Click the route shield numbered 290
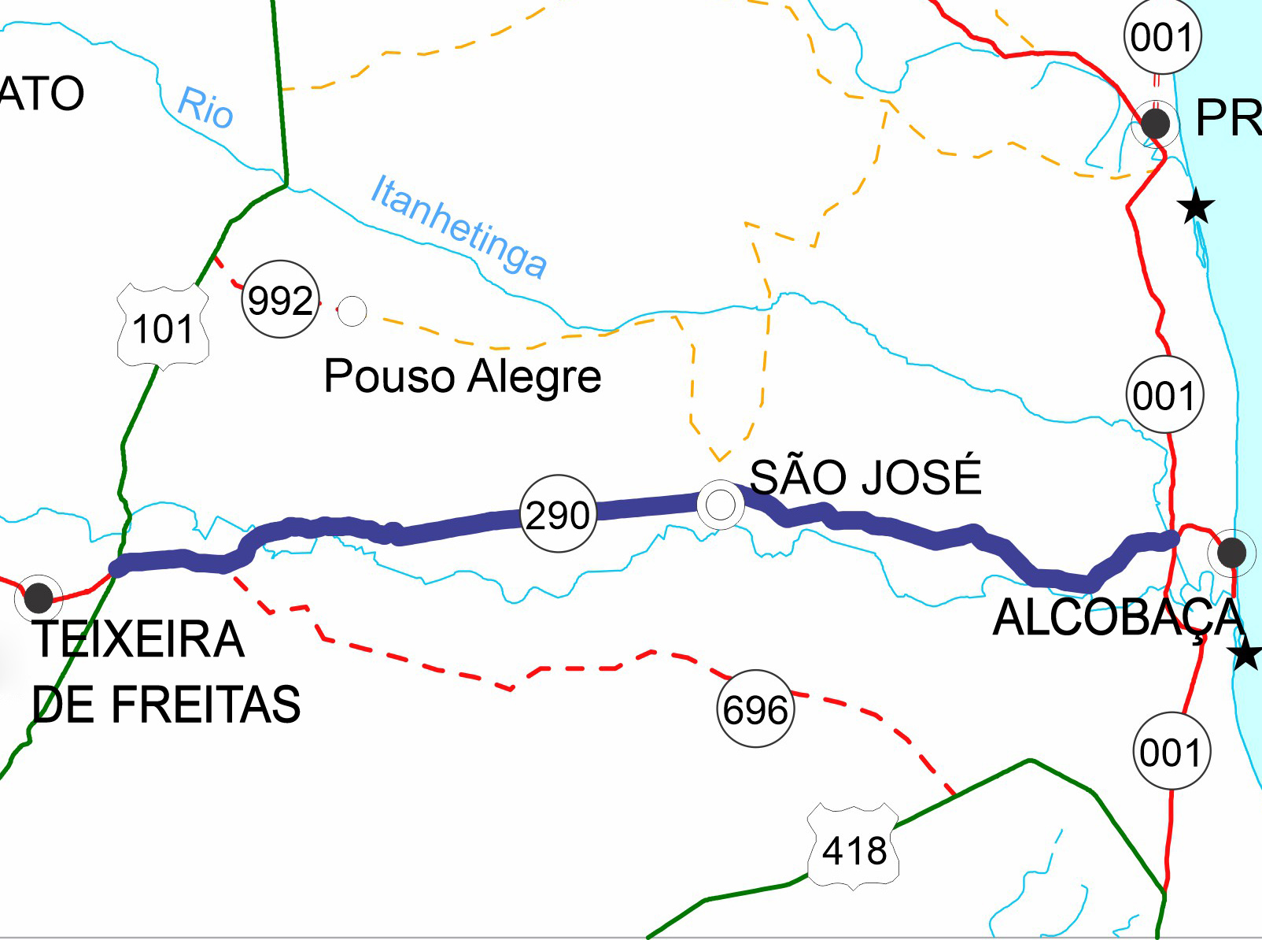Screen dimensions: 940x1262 [558, 514]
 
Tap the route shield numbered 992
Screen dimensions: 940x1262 [280, 299]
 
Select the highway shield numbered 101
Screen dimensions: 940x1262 [163, 328]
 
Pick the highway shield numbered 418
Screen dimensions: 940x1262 [854, 849]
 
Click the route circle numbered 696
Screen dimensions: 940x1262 [755, 709]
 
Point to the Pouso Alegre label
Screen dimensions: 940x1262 [463, 376]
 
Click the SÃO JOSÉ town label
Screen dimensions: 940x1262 [865, 476]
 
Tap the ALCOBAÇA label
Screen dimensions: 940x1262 [1117, 618]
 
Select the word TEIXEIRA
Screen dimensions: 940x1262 [138, 638]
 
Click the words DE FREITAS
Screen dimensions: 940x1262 [167, 704]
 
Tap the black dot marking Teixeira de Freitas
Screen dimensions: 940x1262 [39, 598]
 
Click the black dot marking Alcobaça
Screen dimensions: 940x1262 [1231, 553]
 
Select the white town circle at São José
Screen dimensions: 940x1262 [721, 504]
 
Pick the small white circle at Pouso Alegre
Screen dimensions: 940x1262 [352, 311]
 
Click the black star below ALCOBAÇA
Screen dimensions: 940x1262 [1245, 654]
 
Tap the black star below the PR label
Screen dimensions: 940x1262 [1196, 207]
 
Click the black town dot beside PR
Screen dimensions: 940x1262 [1155, 124]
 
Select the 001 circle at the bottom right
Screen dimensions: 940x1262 [1171, 752]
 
